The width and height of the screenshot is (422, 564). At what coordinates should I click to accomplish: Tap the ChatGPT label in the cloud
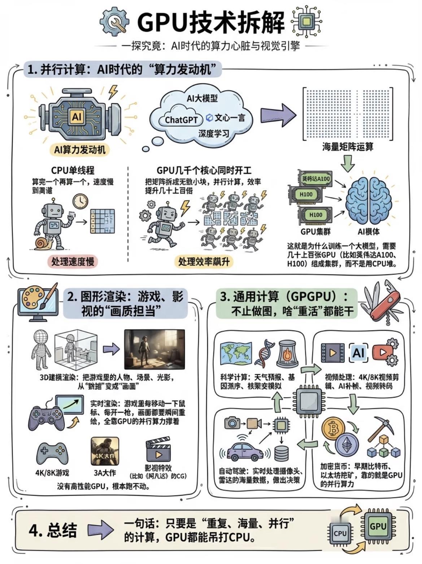(x=181, y=120)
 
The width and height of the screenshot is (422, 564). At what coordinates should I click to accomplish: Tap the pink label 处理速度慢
(x=72, y=261)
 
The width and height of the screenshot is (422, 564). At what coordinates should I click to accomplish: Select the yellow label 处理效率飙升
(x=204, y=261)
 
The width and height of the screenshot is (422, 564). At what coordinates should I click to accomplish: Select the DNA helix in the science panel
(x=265, y=353)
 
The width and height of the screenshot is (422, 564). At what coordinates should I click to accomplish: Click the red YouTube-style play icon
(x=382, y=351)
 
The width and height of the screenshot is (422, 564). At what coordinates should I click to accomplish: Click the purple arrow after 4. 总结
(x=101, y=530)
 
